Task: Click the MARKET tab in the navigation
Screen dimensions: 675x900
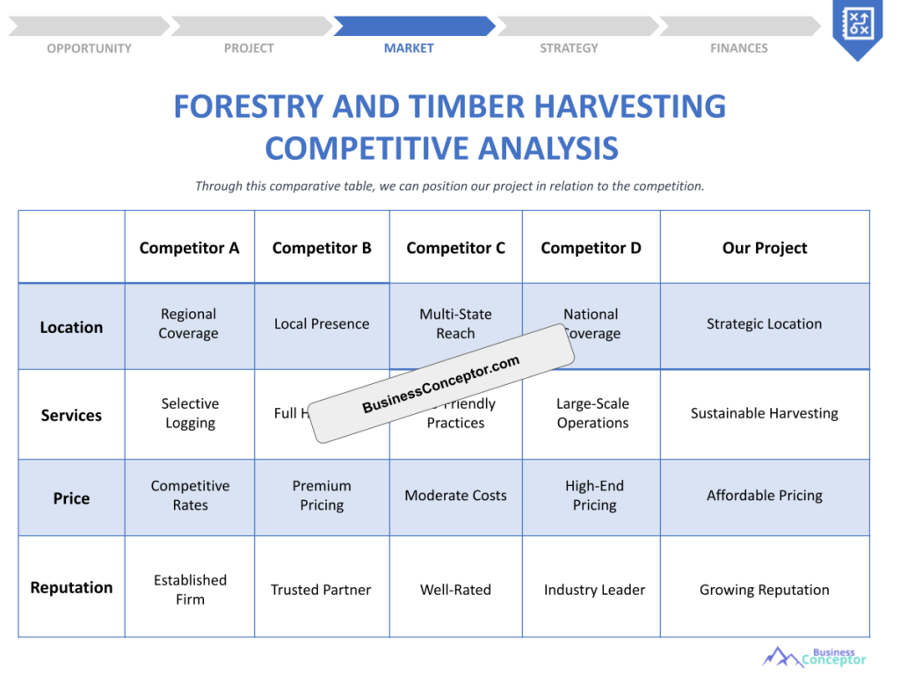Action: pos(409,48)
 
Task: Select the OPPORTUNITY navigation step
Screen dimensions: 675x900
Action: pos(89,48)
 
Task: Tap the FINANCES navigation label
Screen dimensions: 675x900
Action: pos(738,48)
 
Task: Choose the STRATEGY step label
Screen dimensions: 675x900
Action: pos(569,48)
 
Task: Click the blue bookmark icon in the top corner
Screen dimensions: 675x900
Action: pos(856,25)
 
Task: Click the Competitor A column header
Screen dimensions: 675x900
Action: pos(189,248)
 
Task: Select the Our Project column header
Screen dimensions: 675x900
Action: pos(764,248)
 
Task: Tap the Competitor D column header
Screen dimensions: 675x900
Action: pos(591,248)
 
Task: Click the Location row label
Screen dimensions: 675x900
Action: pos(71,327)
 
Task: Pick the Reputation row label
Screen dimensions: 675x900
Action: pos(71,587)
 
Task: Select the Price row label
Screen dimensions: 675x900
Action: pos(71,498)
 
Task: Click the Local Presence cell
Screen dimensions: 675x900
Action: pos(322,323)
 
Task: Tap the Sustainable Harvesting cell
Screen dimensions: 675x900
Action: pos(764,413)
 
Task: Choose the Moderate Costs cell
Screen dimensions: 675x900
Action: pos(455,496)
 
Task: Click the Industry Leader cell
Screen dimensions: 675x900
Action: pos(594,590)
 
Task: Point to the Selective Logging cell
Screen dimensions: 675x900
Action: pos(190,413)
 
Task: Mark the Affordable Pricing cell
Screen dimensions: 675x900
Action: pos(764,496)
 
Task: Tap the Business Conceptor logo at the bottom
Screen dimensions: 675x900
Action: pos(814,657)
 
